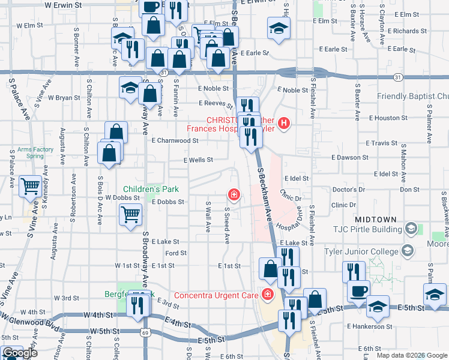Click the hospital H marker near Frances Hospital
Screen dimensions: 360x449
pos(284,124)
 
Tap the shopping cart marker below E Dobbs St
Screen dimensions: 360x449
pos(130,214)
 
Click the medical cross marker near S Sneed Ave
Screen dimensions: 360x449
pos(232,194)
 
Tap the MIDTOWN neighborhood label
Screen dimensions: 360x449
pos(376,219)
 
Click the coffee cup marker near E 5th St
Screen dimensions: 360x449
pos(359,290)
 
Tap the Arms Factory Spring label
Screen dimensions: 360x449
pos(27,152)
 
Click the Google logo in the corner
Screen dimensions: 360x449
pos(20,353)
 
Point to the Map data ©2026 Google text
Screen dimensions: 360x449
pos(412,355)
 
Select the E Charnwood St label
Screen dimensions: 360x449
pos(175,140)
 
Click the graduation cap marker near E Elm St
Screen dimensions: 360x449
pos(278,28)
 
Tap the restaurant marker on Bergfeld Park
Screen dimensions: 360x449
pos(139,305)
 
